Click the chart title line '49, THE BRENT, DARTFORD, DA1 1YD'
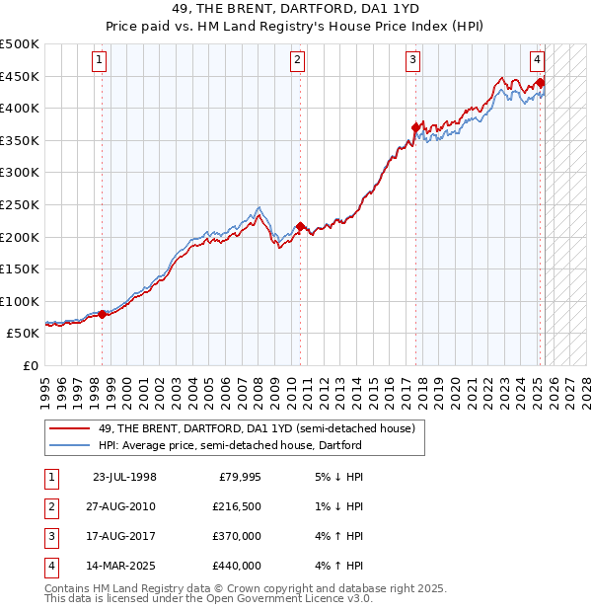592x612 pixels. coord(295,9)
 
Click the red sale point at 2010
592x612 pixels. coord(300,226)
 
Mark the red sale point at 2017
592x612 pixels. coord(415,127)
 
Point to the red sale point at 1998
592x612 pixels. coord(103,314)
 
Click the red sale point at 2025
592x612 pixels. coord(541,83)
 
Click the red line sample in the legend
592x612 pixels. coord(70,428)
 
